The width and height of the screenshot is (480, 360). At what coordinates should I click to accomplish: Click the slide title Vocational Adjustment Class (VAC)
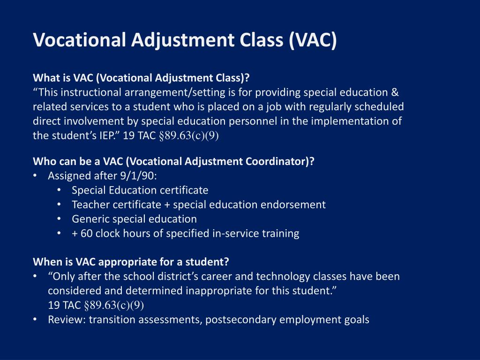[x=185, y=40]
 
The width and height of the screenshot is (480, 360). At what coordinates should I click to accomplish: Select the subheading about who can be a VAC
[x=173, y=162]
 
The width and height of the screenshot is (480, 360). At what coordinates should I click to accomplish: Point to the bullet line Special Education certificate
[x=140, y=190]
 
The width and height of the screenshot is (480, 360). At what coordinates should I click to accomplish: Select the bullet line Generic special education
[x=134, y=219]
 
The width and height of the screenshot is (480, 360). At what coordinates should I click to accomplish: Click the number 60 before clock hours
[x=87, y=233]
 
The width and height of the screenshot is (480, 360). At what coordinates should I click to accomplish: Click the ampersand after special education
[x=394, y=92]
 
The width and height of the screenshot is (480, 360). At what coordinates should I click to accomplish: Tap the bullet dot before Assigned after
[x=36, y=176]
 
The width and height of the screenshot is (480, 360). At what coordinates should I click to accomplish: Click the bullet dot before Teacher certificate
[x=59, y=205]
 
